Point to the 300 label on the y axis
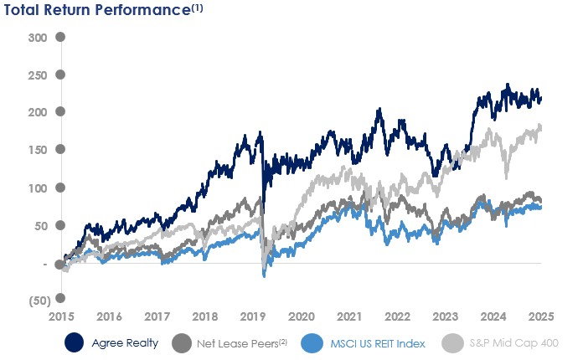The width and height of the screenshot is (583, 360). pyautogui.click(x=36, y=38)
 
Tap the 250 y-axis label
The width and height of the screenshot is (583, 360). pyautogui.click(x=36, y=75)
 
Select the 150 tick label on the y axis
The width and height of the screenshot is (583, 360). pyautogui.click(x=36, y=150)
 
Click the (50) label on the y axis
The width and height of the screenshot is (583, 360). pyautogui.click(x=36, y=299)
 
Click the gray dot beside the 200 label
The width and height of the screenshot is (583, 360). pyautogui.click(x=60, y=112)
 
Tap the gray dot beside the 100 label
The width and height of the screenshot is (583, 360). pyautogui.click(x=60, y=188)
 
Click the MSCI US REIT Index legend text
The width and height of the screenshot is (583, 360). pyautogui.click(x=377, y=343)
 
